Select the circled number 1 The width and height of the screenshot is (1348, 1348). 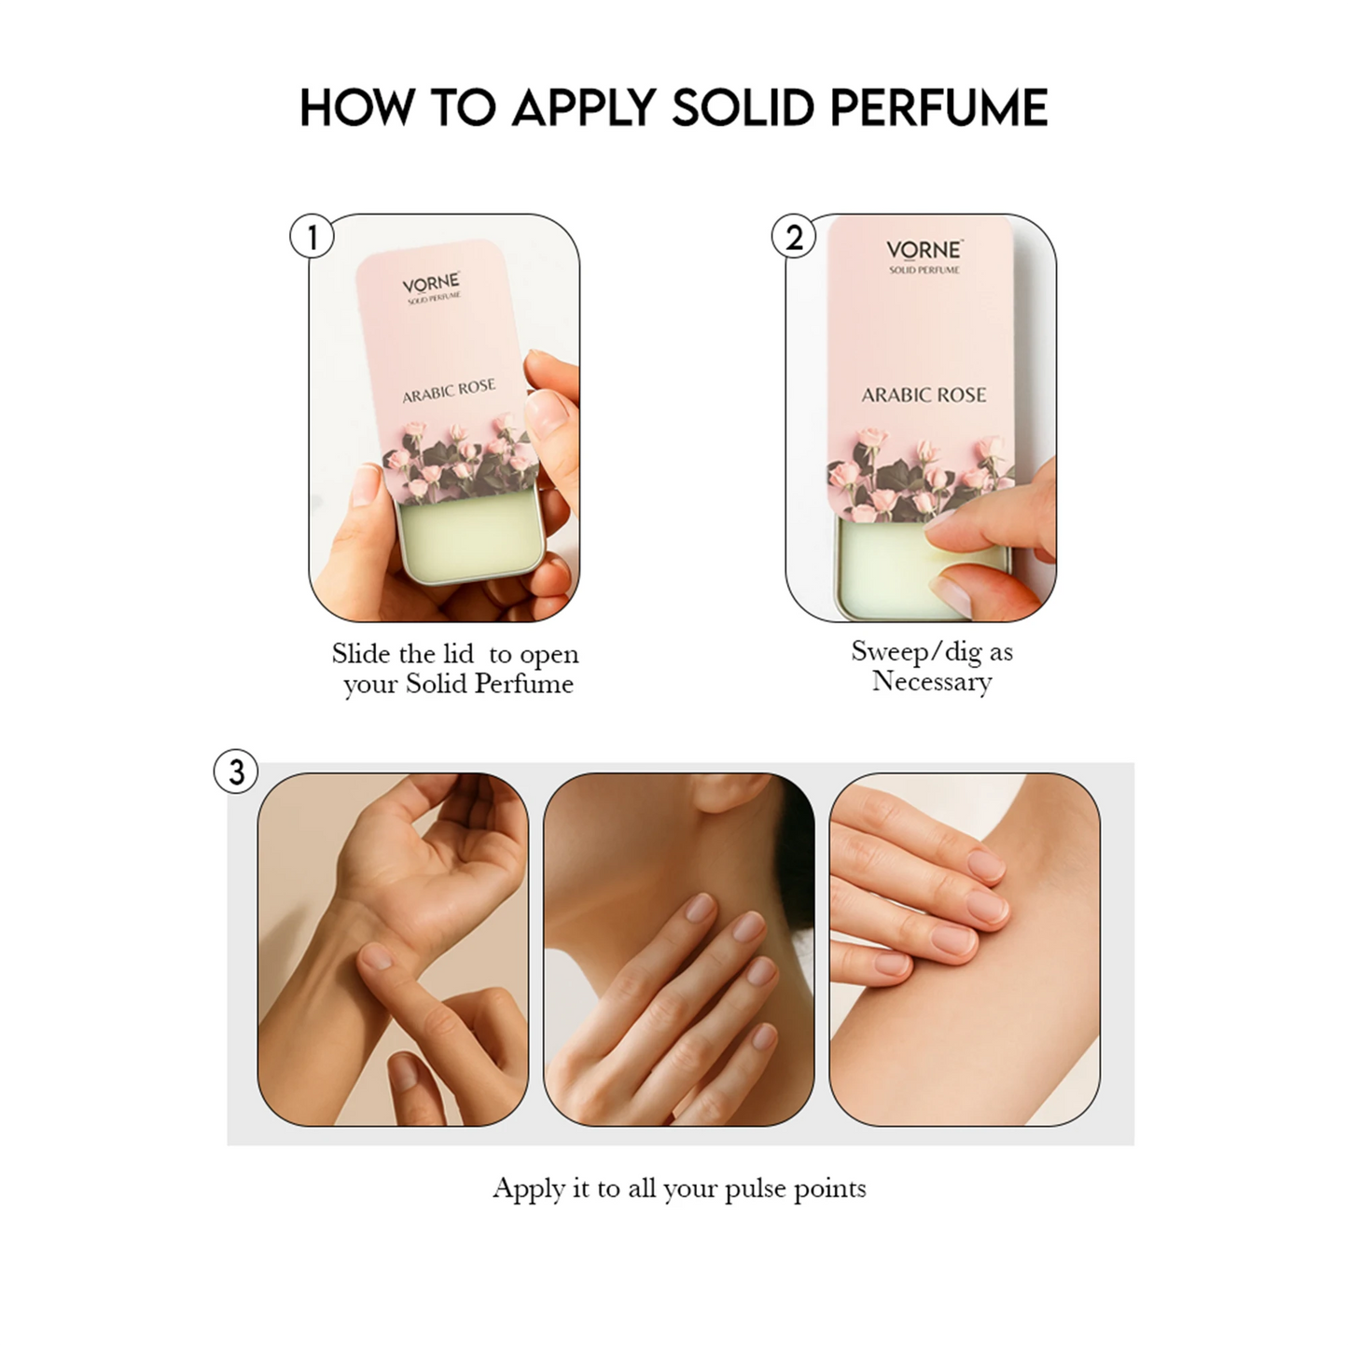click(312, 236)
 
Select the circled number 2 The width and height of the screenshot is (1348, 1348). click(793, 236)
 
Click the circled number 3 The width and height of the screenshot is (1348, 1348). click(236, 771)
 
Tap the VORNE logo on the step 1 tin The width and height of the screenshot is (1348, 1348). click(431, 284)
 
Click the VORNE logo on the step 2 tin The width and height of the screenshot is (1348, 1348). click(924, 249)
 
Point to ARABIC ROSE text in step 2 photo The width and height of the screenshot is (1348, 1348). click(924, 396)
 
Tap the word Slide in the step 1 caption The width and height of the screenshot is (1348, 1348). click(361, 653)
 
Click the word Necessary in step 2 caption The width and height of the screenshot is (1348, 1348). click(932, 681)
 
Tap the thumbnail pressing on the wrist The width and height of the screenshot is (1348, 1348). click(376, 955)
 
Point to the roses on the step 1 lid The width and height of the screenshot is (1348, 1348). click(458, 458)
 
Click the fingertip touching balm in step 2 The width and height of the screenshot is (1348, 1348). click(944, 535)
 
